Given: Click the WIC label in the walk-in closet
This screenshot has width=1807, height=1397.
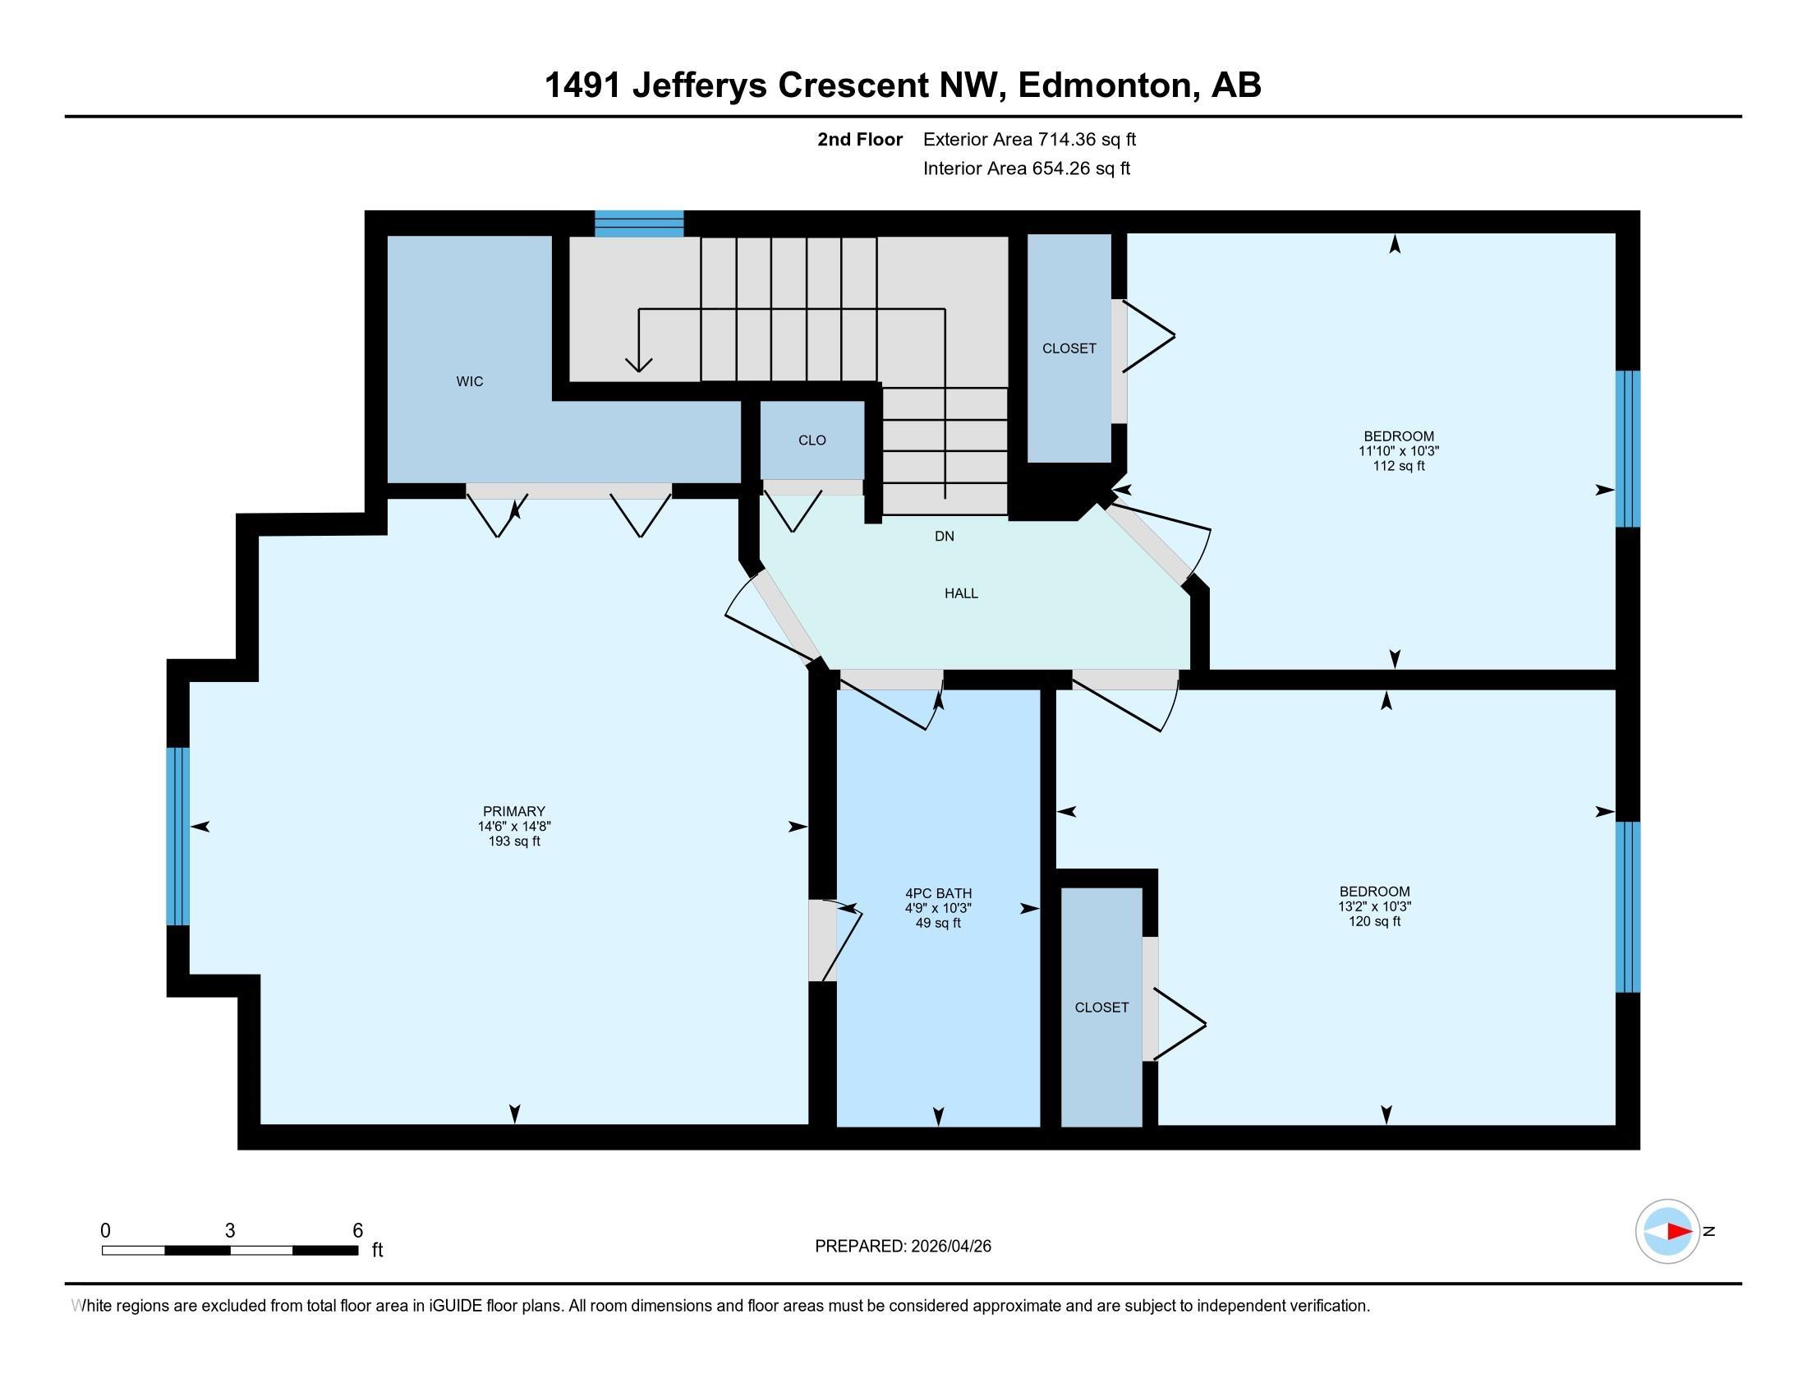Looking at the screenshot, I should coord(469,381).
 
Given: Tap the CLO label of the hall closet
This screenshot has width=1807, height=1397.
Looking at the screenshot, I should coord(812,440).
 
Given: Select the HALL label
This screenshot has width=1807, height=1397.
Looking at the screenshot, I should coord(961,593).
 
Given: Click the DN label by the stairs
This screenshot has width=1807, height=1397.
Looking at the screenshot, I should coord(944,537).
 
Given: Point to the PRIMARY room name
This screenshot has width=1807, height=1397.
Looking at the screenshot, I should coord(514,811).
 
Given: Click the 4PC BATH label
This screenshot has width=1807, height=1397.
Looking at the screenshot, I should coord(938,893).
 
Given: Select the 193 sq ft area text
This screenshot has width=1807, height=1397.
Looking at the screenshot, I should coord(514,841).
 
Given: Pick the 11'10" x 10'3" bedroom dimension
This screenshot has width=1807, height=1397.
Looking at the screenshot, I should coord(1398,451).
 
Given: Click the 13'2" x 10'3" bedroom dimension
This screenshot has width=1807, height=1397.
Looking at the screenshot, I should coord(1374,906).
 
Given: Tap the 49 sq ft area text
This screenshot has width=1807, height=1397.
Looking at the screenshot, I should coord(938,923).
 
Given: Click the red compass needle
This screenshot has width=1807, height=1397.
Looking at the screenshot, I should coord(1679,1232).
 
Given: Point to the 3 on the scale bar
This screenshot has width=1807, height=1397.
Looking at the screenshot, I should coord(230,1231).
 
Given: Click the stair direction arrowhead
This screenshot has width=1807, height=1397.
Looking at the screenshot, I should coord(639,365).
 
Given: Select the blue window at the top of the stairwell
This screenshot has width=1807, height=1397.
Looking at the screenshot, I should coord(639,224).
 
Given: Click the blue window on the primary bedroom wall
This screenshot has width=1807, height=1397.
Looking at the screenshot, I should coord(178,836).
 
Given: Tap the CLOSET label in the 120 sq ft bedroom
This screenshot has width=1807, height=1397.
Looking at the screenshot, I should coord(1101,1007).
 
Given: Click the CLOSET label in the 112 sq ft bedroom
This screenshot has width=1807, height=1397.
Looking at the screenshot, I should coord(1069,348).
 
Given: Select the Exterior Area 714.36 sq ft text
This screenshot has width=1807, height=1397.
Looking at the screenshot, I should coord(1029,139).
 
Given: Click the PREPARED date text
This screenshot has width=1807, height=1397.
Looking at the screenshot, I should coord(903,1247).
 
